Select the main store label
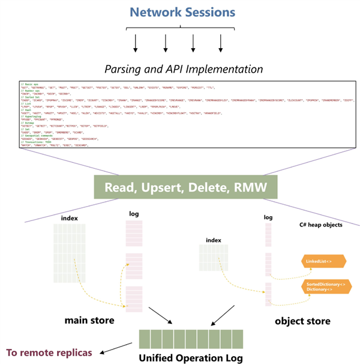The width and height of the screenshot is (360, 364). click(x=90, y=320)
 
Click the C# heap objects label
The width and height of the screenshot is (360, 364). click(x=321, y=226)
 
